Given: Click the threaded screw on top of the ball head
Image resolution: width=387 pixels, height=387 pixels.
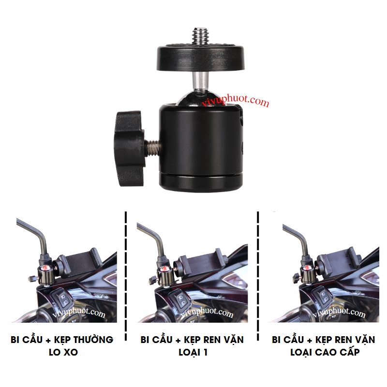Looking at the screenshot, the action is (200, 36).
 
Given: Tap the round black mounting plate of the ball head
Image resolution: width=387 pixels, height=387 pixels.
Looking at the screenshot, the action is (200, 58).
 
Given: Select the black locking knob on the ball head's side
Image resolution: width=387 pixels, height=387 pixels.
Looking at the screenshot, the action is (129, 149).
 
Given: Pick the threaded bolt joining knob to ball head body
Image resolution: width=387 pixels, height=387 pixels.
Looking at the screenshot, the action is (152, 148).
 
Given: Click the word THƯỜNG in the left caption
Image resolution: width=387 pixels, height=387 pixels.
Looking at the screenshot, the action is (93, 339).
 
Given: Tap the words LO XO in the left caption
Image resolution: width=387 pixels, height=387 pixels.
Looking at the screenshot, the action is (63, 352).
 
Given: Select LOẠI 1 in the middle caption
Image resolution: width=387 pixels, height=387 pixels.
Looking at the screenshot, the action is (193, 352).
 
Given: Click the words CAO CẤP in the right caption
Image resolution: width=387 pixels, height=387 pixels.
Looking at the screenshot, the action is (337, 352).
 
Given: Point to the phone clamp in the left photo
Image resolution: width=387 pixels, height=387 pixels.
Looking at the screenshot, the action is (81, 263).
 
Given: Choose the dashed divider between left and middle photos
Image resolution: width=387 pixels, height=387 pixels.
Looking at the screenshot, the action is (126, 276).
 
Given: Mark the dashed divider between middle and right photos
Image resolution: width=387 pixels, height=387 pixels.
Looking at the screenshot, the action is (258, 276).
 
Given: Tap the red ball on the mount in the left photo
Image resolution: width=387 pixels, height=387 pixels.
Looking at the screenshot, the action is (45, 268).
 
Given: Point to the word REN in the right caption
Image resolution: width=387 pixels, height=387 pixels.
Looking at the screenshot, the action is (344, 340).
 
